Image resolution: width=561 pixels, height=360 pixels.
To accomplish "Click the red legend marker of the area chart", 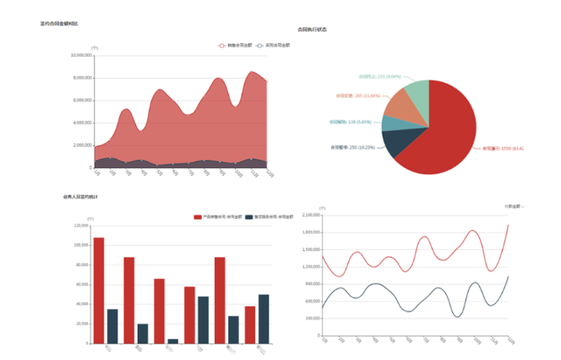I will click(222, 45).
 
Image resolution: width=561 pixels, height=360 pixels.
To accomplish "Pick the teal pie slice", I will click(391, 123).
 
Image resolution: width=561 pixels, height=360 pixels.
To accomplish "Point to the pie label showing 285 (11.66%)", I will click(357, 95).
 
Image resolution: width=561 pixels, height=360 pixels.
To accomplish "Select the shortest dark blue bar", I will click(173, 341).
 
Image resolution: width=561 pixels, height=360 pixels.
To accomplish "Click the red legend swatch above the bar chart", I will click(198, 217).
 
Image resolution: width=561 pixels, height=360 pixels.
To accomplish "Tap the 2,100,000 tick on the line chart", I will click(310, 215).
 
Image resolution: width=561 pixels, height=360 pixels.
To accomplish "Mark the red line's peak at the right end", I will click(508, 224).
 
